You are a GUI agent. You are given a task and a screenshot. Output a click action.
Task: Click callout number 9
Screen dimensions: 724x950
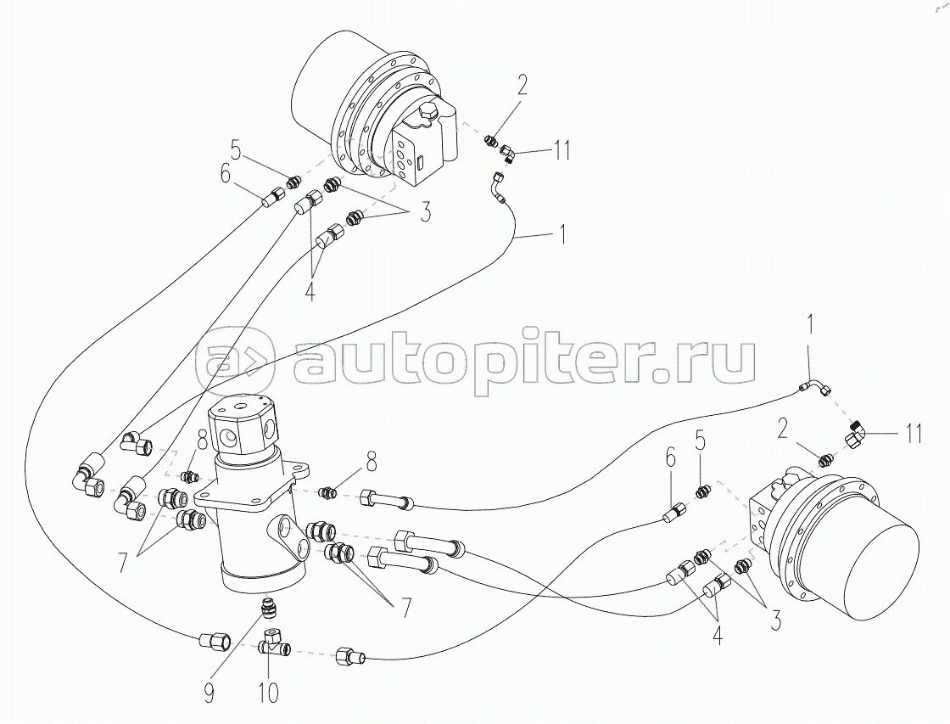pos(210,694)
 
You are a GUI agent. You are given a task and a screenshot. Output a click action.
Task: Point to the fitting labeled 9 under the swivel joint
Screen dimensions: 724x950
pos(269,609)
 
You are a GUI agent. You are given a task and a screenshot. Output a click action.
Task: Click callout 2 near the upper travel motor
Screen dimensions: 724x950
pos(522,85)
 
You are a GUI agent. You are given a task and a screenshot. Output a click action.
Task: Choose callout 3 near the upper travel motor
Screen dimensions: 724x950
pos(422,211)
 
